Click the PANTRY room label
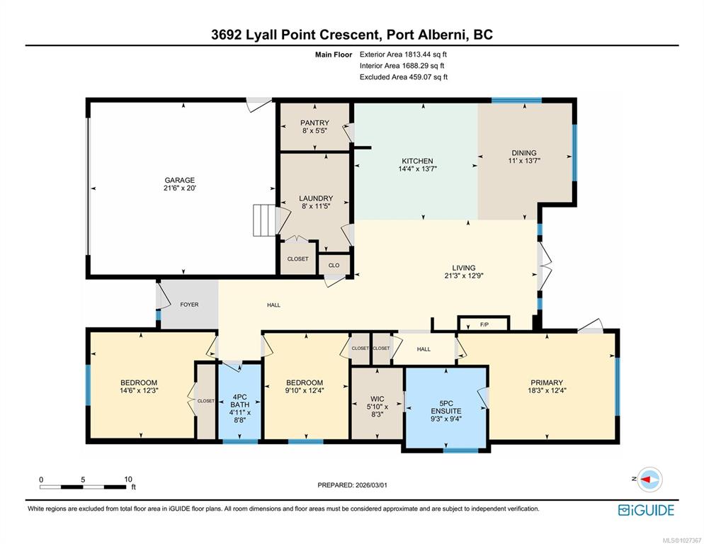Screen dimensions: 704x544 (x=314, y=123)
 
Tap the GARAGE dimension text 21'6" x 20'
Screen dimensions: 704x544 (x=180, y=188)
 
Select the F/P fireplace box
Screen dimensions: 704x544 (x=484, y=324)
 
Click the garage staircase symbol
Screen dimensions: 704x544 (x=264, y=220)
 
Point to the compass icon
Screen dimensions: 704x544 (x=649, y=480)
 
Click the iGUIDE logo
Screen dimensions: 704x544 (x=646, y=510)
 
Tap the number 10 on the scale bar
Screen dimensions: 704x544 (x=128, y=480)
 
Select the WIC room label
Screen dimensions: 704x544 (x=377, y=399)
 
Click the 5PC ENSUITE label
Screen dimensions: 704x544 (x=445, y=407)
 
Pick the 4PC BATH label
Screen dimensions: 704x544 (x=240, y=401)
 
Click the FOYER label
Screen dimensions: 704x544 (x=190, y=305)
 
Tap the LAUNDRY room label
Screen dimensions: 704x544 (x=316, y=198)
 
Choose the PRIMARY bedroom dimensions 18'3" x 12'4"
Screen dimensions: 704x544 (x=547, y=390)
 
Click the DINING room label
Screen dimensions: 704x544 (x=524, y=153)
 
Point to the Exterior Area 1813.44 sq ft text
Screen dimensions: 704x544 (x=403, y=55)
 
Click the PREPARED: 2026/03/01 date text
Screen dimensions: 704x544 (x=353, y=485)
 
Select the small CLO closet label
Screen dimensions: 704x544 (x=334, y=265)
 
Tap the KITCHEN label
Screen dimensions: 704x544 (x=418, y=161)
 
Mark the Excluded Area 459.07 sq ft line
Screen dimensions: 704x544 (x=404, y=76)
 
